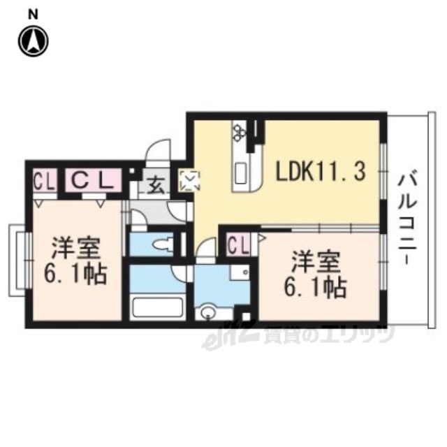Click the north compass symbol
click(x=34, y=41)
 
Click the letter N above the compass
click(x=34, y=15)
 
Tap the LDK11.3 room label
click(x=321, y=171)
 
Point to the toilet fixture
click(x=163, y=244)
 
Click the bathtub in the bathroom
click(x=158, y=307)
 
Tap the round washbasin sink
click(x=207, y=313)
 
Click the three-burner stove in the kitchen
click(x=237, y=132)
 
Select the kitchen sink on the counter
click(x=241, y=173)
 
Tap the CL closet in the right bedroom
click(x=239, y=244)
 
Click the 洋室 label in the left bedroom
click(x=75, y=247)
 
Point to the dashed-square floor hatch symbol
click(x=189, y=180)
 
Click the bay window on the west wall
click(x=20, y=261)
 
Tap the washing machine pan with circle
click(x=240, y=272)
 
